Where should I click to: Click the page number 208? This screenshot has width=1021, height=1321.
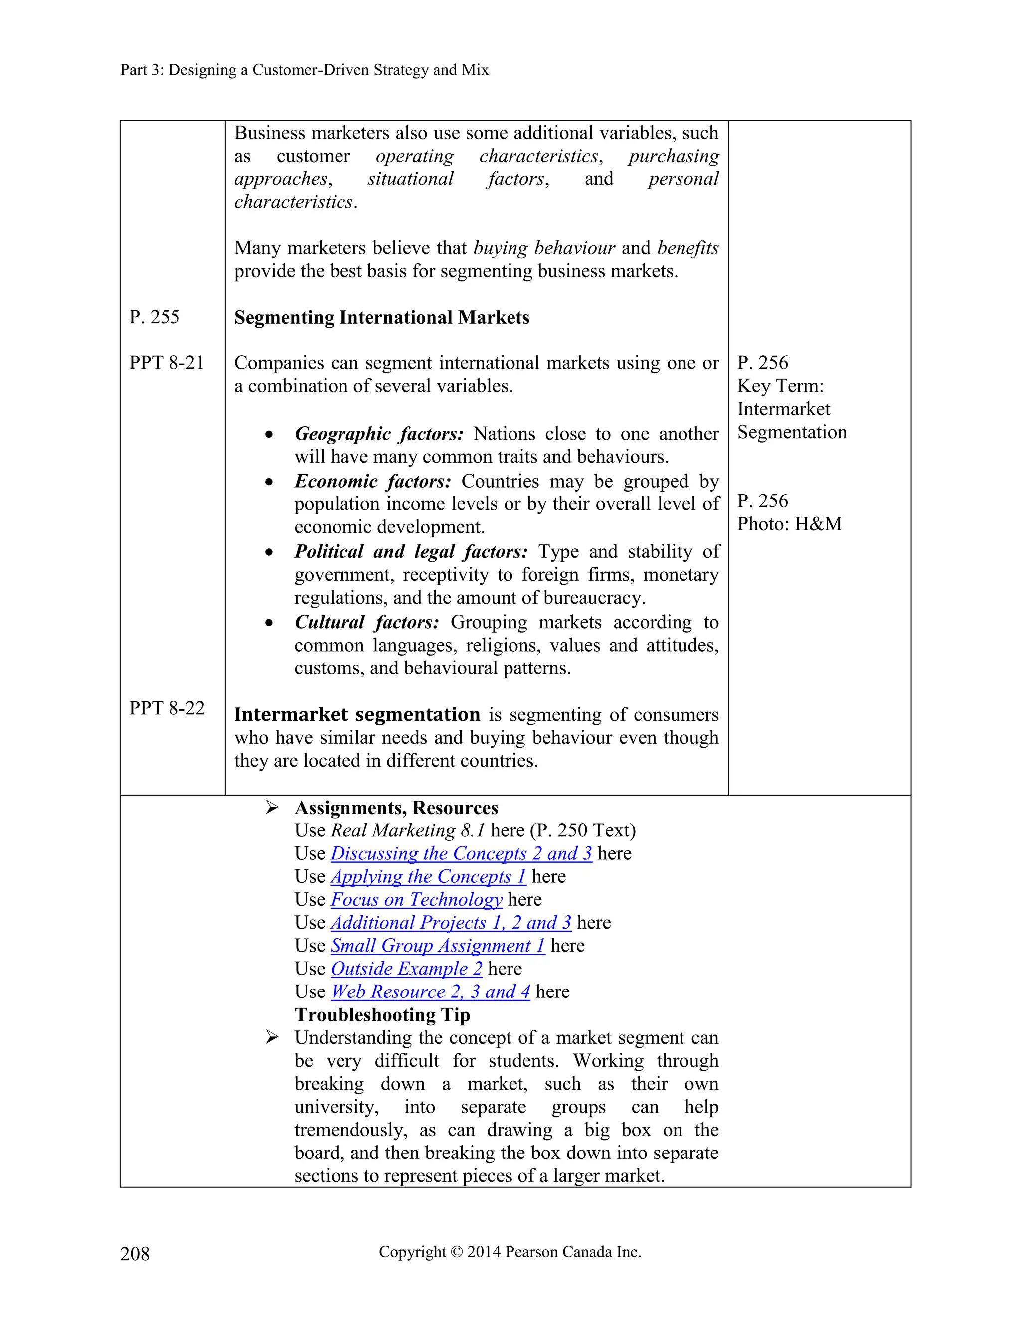[135, 1253]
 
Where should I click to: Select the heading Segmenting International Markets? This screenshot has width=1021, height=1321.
[382, 317]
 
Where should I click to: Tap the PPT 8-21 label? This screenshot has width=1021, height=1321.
[167, 363]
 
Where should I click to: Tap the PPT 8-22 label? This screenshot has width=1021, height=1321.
[167, 708]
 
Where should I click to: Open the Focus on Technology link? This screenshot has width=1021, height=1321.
[416, 899]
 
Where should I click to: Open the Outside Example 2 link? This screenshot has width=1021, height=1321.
[406, 969]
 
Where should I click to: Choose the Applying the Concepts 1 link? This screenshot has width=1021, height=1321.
[428, 876]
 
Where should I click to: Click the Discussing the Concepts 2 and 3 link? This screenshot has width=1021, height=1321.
[461, 853]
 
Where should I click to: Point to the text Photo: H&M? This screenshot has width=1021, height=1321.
[789, 524]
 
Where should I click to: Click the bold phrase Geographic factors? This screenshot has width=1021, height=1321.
[379, 434]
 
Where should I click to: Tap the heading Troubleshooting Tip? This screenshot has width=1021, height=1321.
[382, 1014]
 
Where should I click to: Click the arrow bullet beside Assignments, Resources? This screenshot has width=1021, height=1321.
[272, 808]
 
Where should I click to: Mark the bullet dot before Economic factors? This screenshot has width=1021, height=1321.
[269, 482]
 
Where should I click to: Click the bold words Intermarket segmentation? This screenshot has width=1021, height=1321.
[357, 714]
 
